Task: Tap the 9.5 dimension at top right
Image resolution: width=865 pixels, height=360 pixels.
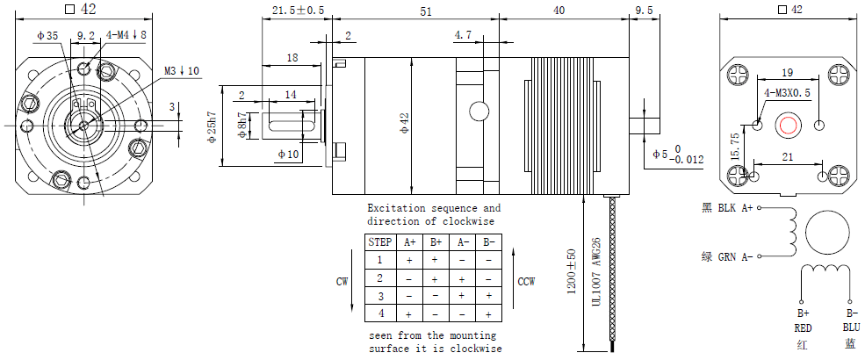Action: point(644,10)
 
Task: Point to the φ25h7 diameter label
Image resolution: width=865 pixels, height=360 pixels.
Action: point(212,126)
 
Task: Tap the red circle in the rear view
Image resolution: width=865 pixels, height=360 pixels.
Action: point(788,126)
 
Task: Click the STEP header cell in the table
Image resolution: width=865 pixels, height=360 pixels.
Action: point(380,242)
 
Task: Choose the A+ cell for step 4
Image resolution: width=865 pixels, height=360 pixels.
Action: point(408,313)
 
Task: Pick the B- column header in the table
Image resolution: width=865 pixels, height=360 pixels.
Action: point(488,242)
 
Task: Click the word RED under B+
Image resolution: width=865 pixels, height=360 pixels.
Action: point(803,328)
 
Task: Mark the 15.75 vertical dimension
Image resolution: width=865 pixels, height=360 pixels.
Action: point(736,147)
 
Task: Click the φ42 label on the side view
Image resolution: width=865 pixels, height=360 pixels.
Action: point(405,126)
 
